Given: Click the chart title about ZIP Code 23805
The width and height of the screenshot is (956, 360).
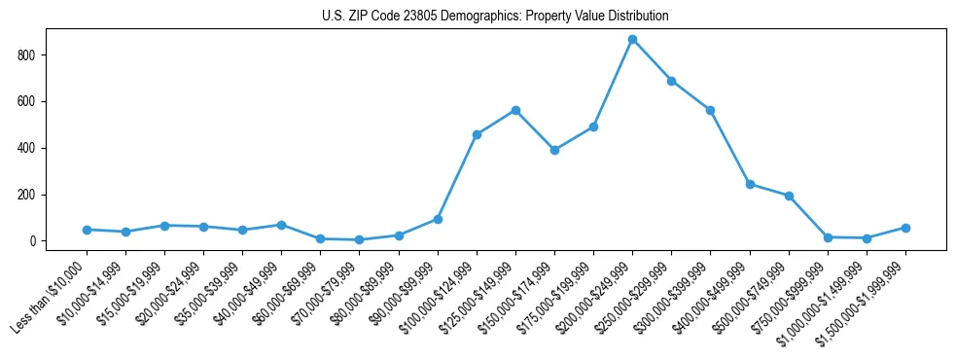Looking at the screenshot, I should pos(495,17).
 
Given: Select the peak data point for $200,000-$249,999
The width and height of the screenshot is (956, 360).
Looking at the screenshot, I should pos(632,40).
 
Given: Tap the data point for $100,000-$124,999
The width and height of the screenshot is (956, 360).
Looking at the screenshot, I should pos(477,134).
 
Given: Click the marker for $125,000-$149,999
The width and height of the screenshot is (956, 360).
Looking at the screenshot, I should pos(515,110).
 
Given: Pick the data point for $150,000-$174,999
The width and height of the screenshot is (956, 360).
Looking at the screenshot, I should pos(554,150).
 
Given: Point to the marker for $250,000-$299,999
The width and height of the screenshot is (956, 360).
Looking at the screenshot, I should pos(671,81).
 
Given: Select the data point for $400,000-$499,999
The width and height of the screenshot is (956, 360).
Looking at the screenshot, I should pos(750,184).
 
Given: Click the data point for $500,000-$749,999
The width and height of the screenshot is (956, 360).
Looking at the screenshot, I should pos(789,196).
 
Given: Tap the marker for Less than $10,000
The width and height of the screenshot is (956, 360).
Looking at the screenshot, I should pos(87,230).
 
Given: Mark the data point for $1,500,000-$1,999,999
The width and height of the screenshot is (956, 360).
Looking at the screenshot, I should pos(905,228).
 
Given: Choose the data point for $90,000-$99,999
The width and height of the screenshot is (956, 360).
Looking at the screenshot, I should pos(438,219).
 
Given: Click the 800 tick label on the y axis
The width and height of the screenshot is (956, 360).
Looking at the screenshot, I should pos(27,55).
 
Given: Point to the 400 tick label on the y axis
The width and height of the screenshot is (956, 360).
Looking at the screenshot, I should pos(27,148).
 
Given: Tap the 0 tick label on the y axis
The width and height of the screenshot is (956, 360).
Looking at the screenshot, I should pos(33,241).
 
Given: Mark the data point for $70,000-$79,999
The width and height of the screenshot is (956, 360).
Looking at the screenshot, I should pos(359,239).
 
